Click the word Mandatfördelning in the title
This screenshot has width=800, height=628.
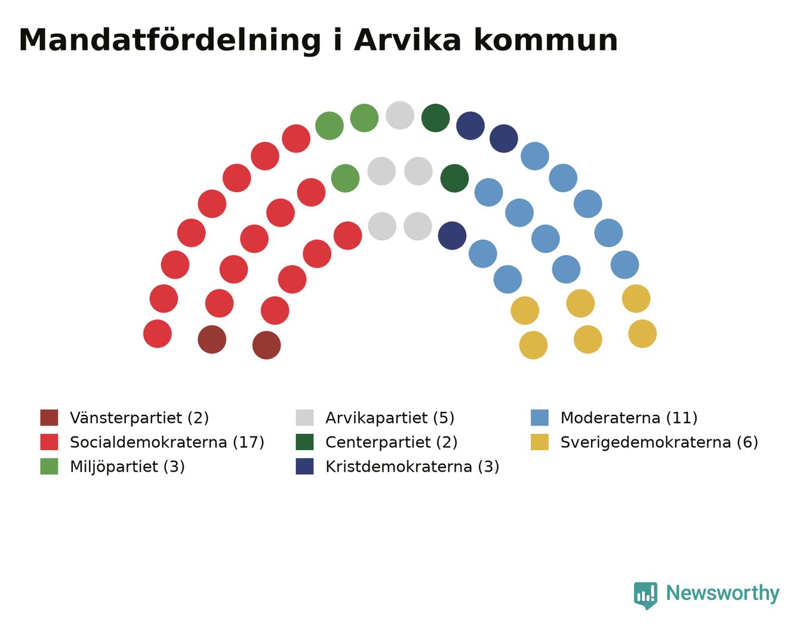pyautogui.click(x=170, y=41)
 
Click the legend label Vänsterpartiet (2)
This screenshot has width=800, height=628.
pyautogui.click(x=139, y=418)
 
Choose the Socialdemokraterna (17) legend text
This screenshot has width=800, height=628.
pyautogui.click(x=167, y=442)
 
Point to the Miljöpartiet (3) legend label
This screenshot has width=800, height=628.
pyautogui.click(x=127, y=467)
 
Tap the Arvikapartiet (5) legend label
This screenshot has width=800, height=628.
pyautogui.click(x=390, y=418)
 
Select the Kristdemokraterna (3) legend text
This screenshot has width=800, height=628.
pyautogui.click(x=413, y=467)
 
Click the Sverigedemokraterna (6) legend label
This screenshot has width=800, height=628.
pyautogui.click(x=659, y=442)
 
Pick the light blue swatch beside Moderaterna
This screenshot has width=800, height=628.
pyautogui.click(x=540, y=418)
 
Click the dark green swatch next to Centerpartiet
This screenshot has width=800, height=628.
pyautogui.click(x=305, y=442)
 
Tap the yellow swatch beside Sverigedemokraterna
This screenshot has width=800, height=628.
pyautogui.click(x=540, y=442)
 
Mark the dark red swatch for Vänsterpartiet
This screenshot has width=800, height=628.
pyautogui.click(x=49, y=418)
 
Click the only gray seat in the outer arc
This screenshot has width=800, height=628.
pyautogui.click(x=400, y=115)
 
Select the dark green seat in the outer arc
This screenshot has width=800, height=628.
pyautogui.click(x=436, y=118)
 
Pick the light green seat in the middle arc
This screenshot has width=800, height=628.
pyautogui.click(x=345, y=178)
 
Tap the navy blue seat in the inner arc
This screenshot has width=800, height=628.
pyautogui.click(x=452, y=236)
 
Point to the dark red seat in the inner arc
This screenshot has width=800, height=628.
pyautogui.click(x=266, y=345)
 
